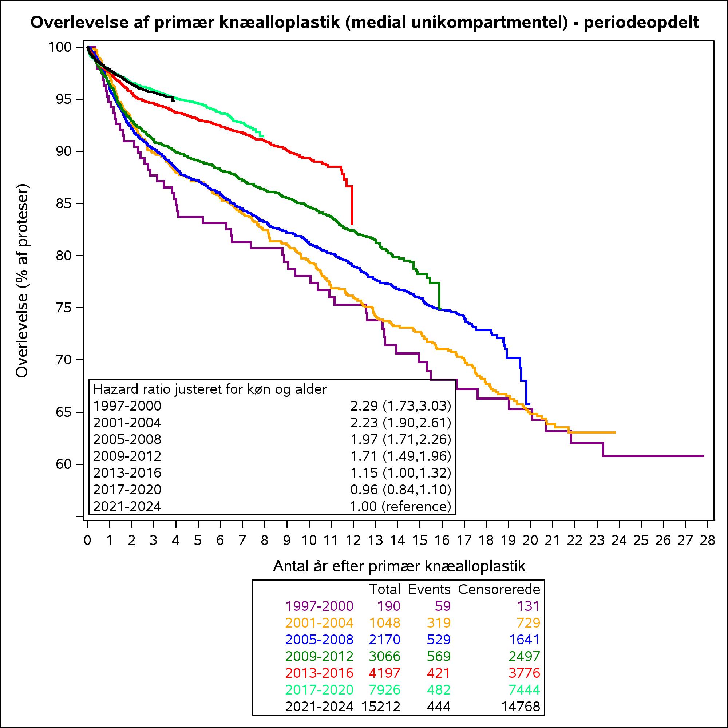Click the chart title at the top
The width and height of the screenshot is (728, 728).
[364, 23]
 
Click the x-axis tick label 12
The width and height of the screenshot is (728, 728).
[353, 540]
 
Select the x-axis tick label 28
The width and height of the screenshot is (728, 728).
[707, 540]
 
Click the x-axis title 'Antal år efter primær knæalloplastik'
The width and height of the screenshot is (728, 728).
[399, 566]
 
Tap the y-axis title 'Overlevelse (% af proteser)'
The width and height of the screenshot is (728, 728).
[23, 281]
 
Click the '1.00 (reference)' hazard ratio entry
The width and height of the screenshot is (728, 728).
[400, 506]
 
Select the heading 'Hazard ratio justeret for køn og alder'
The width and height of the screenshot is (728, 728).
[210, 389]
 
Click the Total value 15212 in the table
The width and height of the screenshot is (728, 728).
[381, 706]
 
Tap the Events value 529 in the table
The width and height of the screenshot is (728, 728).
[439, 640]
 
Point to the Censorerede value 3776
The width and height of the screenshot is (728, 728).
[524, 673]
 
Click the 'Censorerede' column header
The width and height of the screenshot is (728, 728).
[499, 589]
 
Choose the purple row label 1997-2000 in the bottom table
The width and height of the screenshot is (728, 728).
[319, 606]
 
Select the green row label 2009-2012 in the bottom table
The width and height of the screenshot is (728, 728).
[319, 656]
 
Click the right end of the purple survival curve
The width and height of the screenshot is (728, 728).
[704, 456]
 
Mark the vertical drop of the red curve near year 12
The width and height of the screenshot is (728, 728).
[352, 205]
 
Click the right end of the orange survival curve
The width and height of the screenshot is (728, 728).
[615, 432]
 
